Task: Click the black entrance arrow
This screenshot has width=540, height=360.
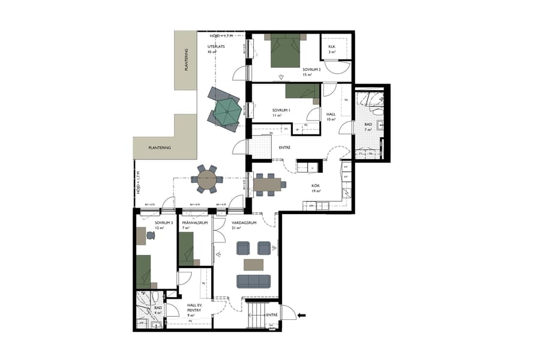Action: (302, 314)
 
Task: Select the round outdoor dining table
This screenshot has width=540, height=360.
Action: (207, 179)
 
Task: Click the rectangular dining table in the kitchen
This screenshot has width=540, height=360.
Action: (267, 184)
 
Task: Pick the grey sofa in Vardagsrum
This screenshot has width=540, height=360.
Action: (253, 281)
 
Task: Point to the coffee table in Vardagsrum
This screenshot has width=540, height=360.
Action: (253, 265)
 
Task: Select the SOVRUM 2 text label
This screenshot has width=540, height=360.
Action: (311, 70)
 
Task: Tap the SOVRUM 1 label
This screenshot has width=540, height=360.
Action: (281, 111)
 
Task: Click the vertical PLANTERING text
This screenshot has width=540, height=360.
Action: (187, 60)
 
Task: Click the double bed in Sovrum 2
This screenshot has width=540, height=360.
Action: (284, 53)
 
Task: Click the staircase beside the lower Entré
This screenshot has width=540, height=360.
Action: (255, 314)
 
